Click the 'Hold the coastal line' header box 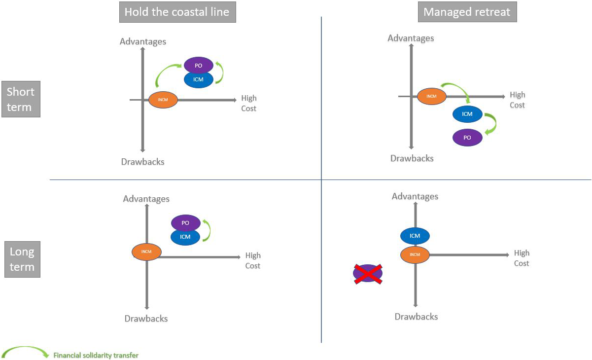coord(177,12)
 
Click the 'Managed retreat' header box coord(467,12)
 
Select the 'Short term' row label coord(21,100)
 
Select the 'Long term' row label coord(22,259)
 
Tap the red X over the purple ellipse coord(368,273)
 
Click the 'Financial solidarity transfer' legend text coord(96,355)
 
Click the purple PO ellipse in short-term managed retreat coord(467,138)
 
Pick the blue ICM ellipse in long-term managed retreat coord(415,236)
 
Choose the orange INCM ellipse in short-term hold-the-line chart coord(163,100)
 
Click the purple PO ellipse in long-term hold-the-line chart coord(185,223)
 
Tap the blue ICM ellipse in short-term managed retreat coord(467,114)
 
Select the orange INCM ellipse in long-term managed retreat coord(415,254)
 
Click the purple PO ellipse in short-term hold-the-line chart coord(199,65)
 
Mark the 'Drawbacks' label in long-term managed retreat coord(416,317)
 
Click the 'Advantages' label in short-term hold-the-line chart coord(143,41)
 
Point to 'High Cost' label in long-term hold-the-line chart coord(253,260)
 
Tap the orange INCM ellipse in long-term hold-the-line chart coord(146,252)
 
